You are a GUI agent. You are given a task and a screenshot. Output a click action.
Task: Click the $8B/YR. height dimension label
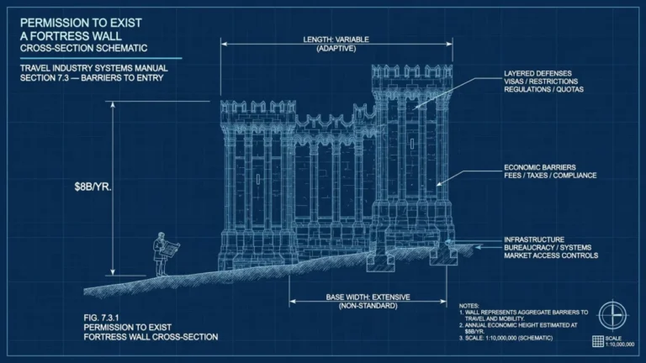coord(93,187)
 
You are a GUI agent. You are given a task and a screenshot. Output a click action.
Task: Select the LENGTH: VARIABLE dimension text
coord(336,39)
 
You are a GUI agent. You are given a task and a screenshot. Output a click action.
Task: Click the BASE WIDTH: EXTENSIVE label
coord(368,297)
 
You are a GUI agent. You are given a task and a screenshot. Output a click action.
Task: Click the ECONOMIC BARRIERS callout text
coord(540,167)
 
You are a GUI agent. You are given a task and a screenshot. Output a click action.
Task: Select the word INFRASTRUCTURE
coord(534,239)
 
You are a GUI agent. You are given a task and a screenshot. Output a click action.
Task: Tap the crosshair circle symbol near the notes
coord(612,316)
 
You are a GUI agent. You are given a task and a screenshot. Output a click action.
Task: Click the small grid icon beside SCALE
coord(598,341)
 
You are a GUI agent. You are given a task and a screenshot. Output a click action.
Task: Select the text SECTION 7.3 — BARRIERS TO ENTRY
coord(92,78)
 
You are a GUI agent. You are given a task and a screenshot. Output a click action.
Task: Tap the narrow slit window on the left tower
coord(258,179)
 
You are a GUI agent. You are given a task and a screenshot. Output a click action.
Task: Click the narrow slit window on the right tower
coord(412,144)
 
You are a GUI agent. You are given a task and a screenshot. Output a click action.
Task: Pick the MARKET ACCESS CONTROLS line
coord(551,255)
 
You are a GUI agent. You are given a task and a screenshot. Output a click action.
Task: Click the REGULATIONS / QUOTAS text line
coord(543,89)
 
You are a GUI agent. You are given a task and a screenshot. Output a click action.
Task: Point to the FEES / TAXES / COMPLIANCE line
coord(550,176)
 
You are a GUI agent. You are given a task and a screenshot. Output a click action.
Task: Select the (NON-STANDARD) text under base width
coord(368,306)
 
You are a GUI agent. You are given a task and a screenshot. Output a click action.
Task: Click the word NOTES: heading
coord(469,306)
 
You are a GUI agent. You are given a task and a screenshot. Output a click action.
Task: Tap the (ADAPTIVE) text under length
coord(336,49)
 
